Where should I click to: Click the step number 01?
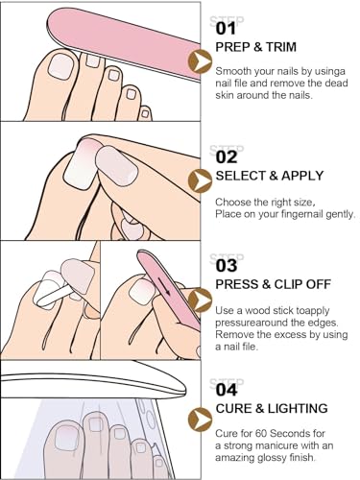[x=226, y=28]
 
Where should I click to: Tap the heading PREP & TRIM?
[x=256, y=48]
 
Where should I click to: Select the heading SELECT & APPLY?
[x=269, y=175]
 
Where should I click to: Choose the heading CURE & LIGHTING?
[x=272, y=408]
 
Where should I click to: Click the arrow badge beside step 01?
[x=201, y=60]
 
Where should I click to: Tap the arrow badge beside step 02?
[x=201, y=180]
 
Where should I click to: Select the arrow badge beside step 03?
[x=201, y=300]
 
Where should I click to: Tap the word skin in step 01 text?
[x=228, y=96]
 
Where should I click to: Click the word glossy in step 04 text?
[x=288, y=462]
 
